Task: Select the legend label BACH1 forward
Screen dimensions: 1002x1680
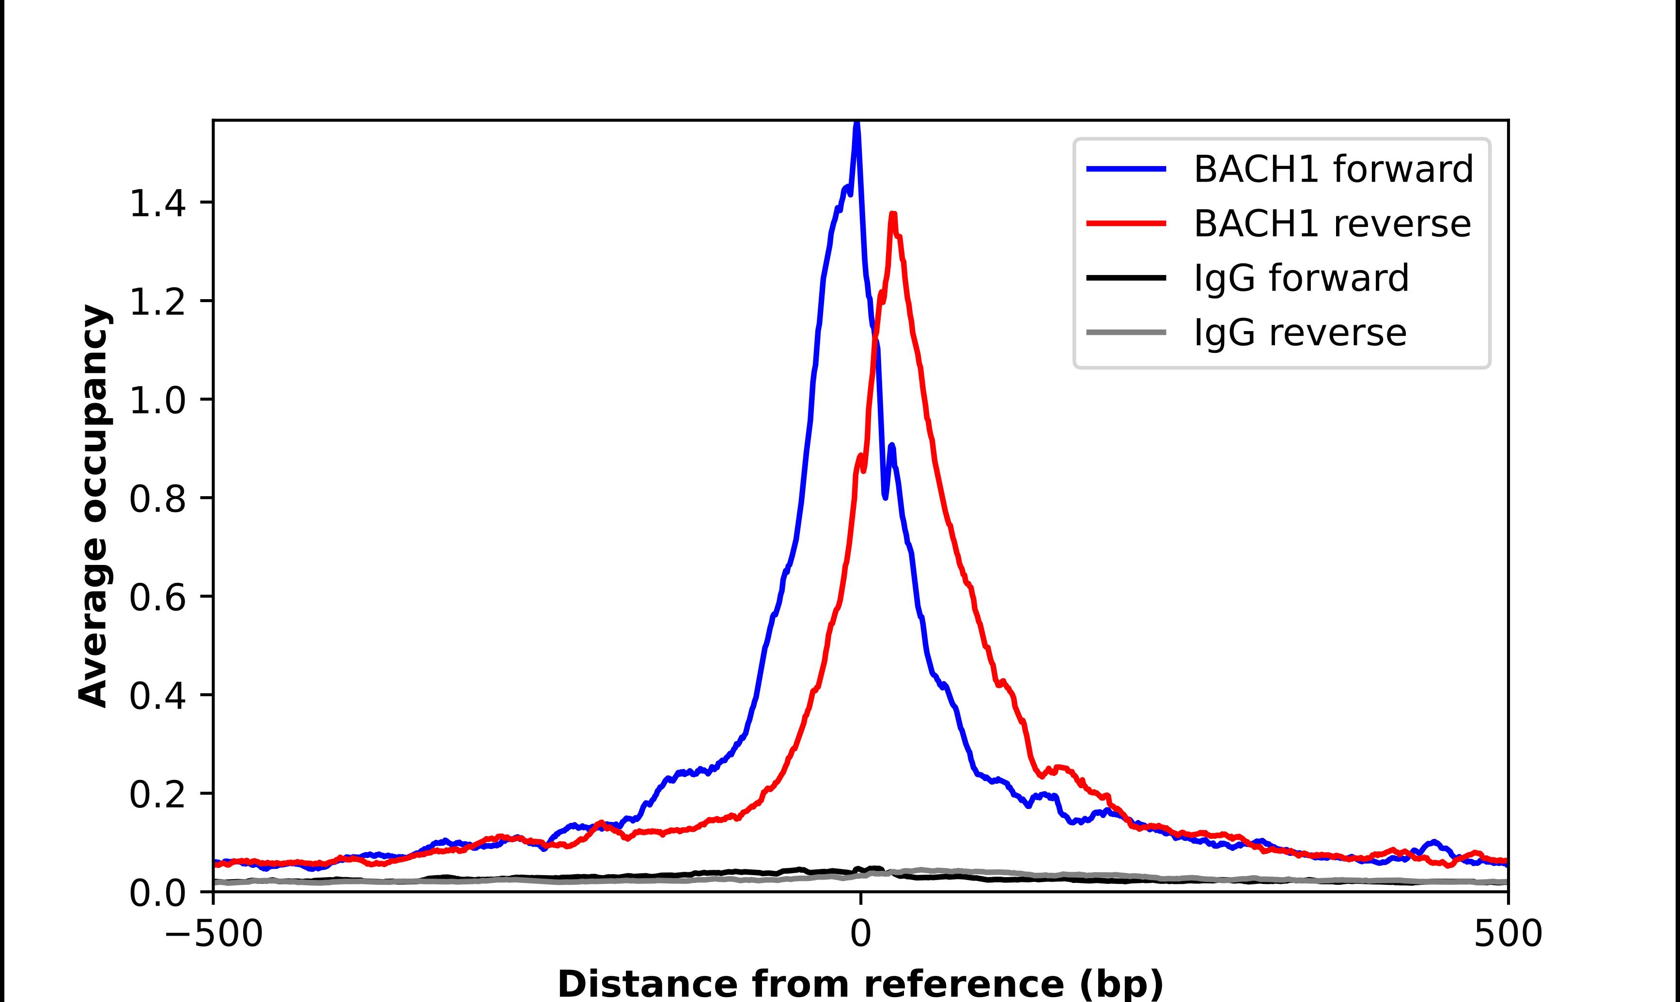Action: pos(1333,169)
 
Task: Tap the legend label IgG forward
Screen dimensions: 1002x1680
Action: pos(1301,278)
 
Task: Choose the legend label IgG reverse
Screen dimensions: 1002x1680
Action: pos(1300,333)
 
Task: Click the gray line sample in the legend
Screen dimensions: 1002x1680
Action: pos(1126,332)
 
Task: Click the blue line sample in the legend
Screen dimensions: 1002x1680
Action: pos(1126,169)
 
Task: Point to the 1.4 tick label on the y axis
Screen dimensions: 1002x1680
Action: pos(157,203)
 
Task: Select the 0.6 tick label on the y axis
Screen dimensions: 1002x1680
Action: pos(157,597)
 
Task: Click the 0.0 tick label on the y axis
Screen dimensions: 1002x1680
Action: pos(157,893)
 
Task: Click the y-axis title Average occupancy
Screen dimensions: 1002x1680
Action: pos(93,506)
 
